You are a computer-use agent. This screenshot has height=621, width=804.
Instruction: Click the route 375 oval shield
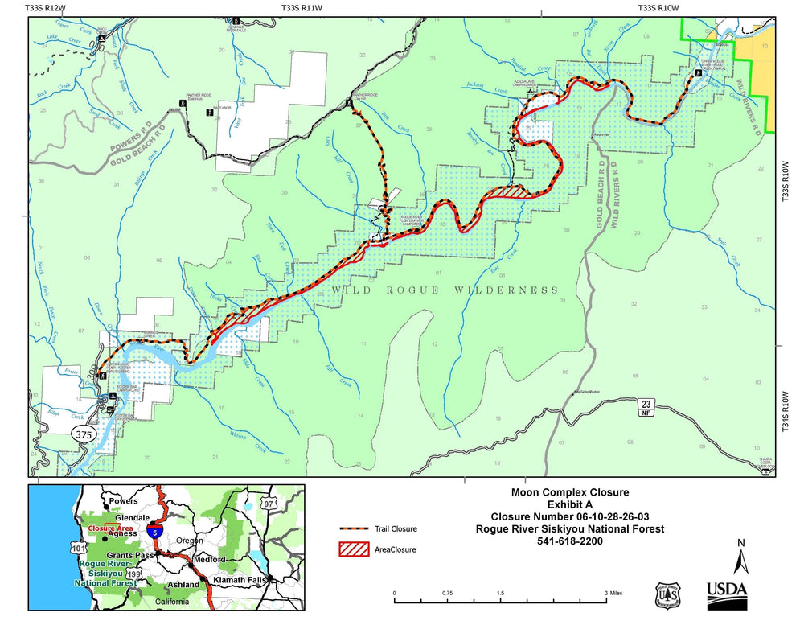(84, 434)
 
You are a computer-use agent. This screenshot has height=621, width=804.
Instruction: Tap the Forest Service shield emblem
(666, 596)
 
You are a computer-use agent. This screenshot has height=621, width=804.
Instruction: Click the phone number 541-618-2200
(570, 541)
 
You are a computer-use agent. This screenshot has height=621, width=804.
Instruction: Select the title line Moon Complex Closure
(570, 491)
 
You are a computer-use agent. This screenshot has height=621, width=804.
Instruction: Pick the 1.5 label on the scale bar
(500, 591)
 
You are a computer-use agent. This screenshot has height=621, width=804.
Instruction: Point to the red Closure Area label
(107, 528)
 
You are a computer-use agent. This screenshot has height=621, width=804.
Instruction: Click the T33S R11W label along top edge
(301, 7)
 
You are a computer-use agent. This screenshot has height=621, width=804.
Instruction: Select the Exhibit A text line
(570, 504)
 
